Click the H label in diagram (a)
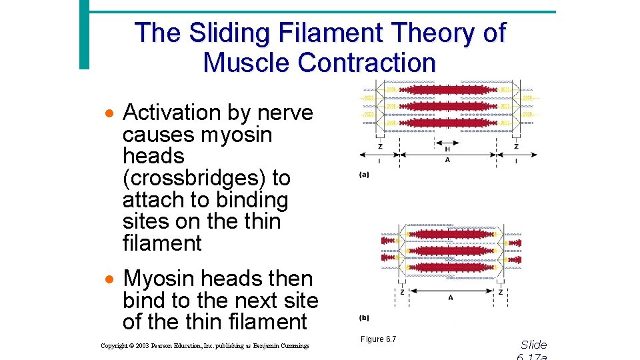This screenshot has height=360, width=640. click(x=447, y=149)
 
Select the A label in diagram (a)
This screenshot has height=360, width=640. click(x=447, y=160)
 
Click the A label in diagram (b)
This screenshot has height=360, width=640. click(x=451, y=298)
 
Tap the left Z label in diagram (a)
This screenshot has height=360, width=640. click(x=380, y=146)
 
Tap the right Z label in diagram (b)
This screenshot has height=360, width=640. click(x=501, y=292)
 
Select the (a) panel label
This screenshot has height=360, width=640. click(x=364, y=175)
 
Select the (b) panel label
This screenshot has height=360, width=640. click(x=364, y=317)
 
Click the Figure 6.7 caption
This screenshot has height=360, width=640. click(x=378, y=340)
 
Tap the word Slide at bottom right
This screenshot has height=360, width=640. click(x=533, y=345)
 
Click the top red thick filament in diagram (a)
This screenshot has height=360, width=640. click(x=446, y=90)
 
